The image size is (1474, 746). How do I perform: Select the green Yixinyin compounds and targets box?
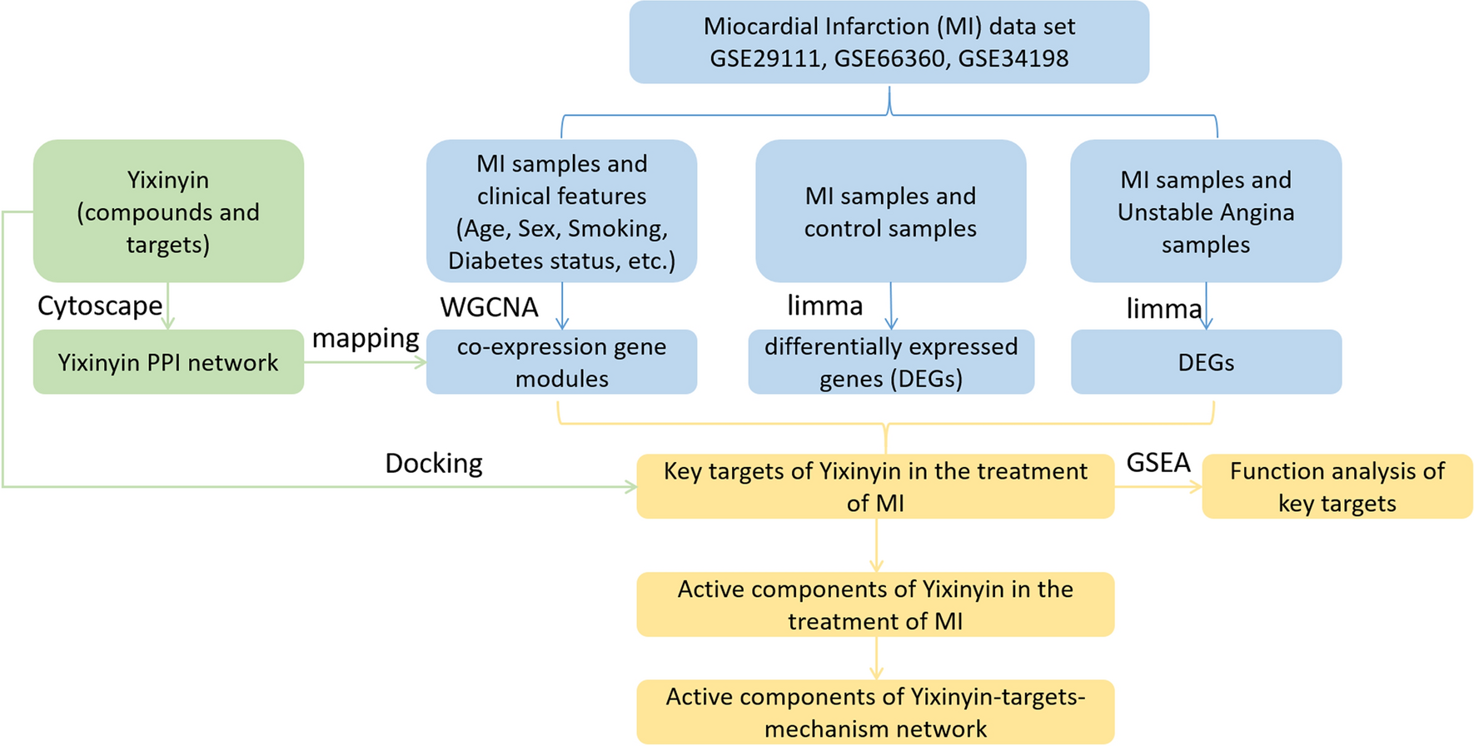(168, 211)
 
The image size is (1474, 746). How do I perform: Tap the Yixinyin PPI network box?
(168, 362)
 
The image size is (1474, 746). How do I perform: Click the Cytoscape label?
(100, 306)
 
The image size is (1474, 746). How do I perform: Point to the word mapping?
(365, 338)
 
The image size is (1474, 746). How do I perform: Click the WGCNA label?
(489, 307)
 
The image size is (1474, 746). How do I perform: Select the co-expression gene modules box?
(561, 362)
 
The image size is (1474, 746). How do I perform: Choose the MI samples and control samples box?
(890, 211)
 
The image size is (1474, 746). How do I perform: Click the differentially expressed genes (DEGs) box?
(890, 362)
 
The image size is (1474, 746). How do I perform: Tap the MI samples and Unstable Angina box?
(1205, 211)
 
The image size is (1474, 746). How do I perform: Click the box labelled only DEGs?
(1205, 362)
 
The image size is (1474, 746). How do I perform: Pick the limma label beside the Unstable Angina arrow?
(1163, 309)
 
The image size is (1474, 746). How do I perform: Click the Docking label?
(433, 463)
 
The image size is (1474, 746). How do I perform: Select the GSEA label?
(1158, 462)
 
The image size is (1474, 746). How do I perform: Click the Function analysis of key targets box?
(1337, 486)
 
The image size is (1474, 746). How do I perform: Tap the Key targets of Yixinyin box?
(874, 486)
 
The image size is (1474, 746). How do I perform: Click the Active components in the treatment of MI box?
(874, 604)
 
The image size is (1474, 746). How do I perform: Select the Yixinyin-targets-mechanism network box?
(874, 712)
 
